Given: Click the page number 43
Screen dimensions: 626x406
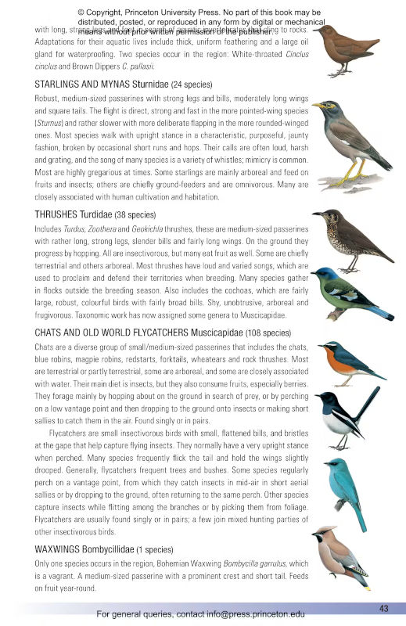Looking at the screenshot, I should [383, 608].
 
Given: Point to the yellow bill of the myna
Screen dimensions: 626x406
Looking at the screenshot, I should [318, 105].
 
